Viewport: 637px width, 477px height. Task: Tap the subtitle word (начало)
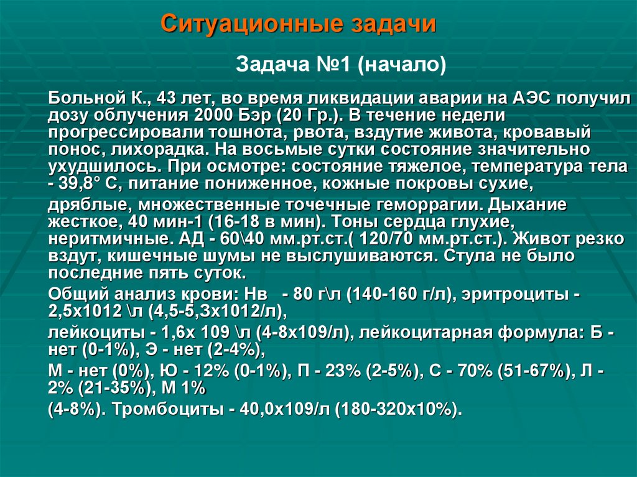coord(401,64)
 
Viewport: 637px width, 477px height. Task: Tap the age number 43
coord(167,98)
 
